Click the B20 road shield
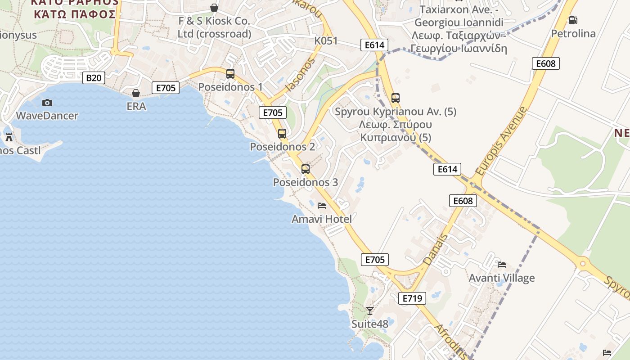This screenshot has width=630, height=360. pyautogui.click(x=94, y=78)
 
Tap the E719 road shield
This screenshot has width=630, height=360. pyautogui.click(x=412, y=298)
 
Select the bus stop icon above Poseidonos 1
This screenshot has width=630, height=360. pyautogui.click(x=230, y=74)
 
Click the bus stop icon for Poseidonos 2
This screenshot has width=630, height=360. pyautogui.click(x=282, y=134)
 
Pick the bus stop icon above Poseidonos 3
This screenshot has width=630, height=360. pyautogui.click(x=306, y=169)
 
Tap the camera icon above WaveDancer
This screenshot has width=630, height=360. pyautogui.click(x=47, y=103)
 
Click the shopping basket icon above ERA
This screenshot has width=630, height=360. pyautogui.click(x=136, y=93)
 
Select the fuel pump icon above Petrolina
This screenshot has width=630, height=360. pyautogui.click(x=573, y=20)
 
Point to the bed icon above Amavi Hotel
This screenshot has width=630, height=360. pyautogui.click(x=322, y=206)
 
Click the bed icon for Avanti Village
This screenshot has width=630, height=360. pyautogui.click(x=502, y=264)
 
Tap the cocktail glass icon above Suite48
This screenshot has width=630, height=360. pyautogui.click(x=370, y=310)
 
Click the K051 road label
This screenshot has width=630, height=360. pyautogui.click(x=326, y=41)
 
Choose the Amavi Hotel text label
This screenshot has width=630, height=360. pyautogui.click(x=322, y=219)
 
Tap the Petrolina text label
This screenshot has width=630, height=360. pyautogui.click(x=573, y=34)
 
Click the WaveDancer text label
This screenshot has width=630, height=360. pyautogui.click(x=47, y=116)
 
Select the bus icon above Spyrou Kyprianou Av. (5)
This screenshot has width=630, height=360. pyautogui.click(x=396, y=98)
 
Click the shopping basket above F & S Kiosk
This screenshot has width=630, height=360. pyautogui.click(x=214, y=8)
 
